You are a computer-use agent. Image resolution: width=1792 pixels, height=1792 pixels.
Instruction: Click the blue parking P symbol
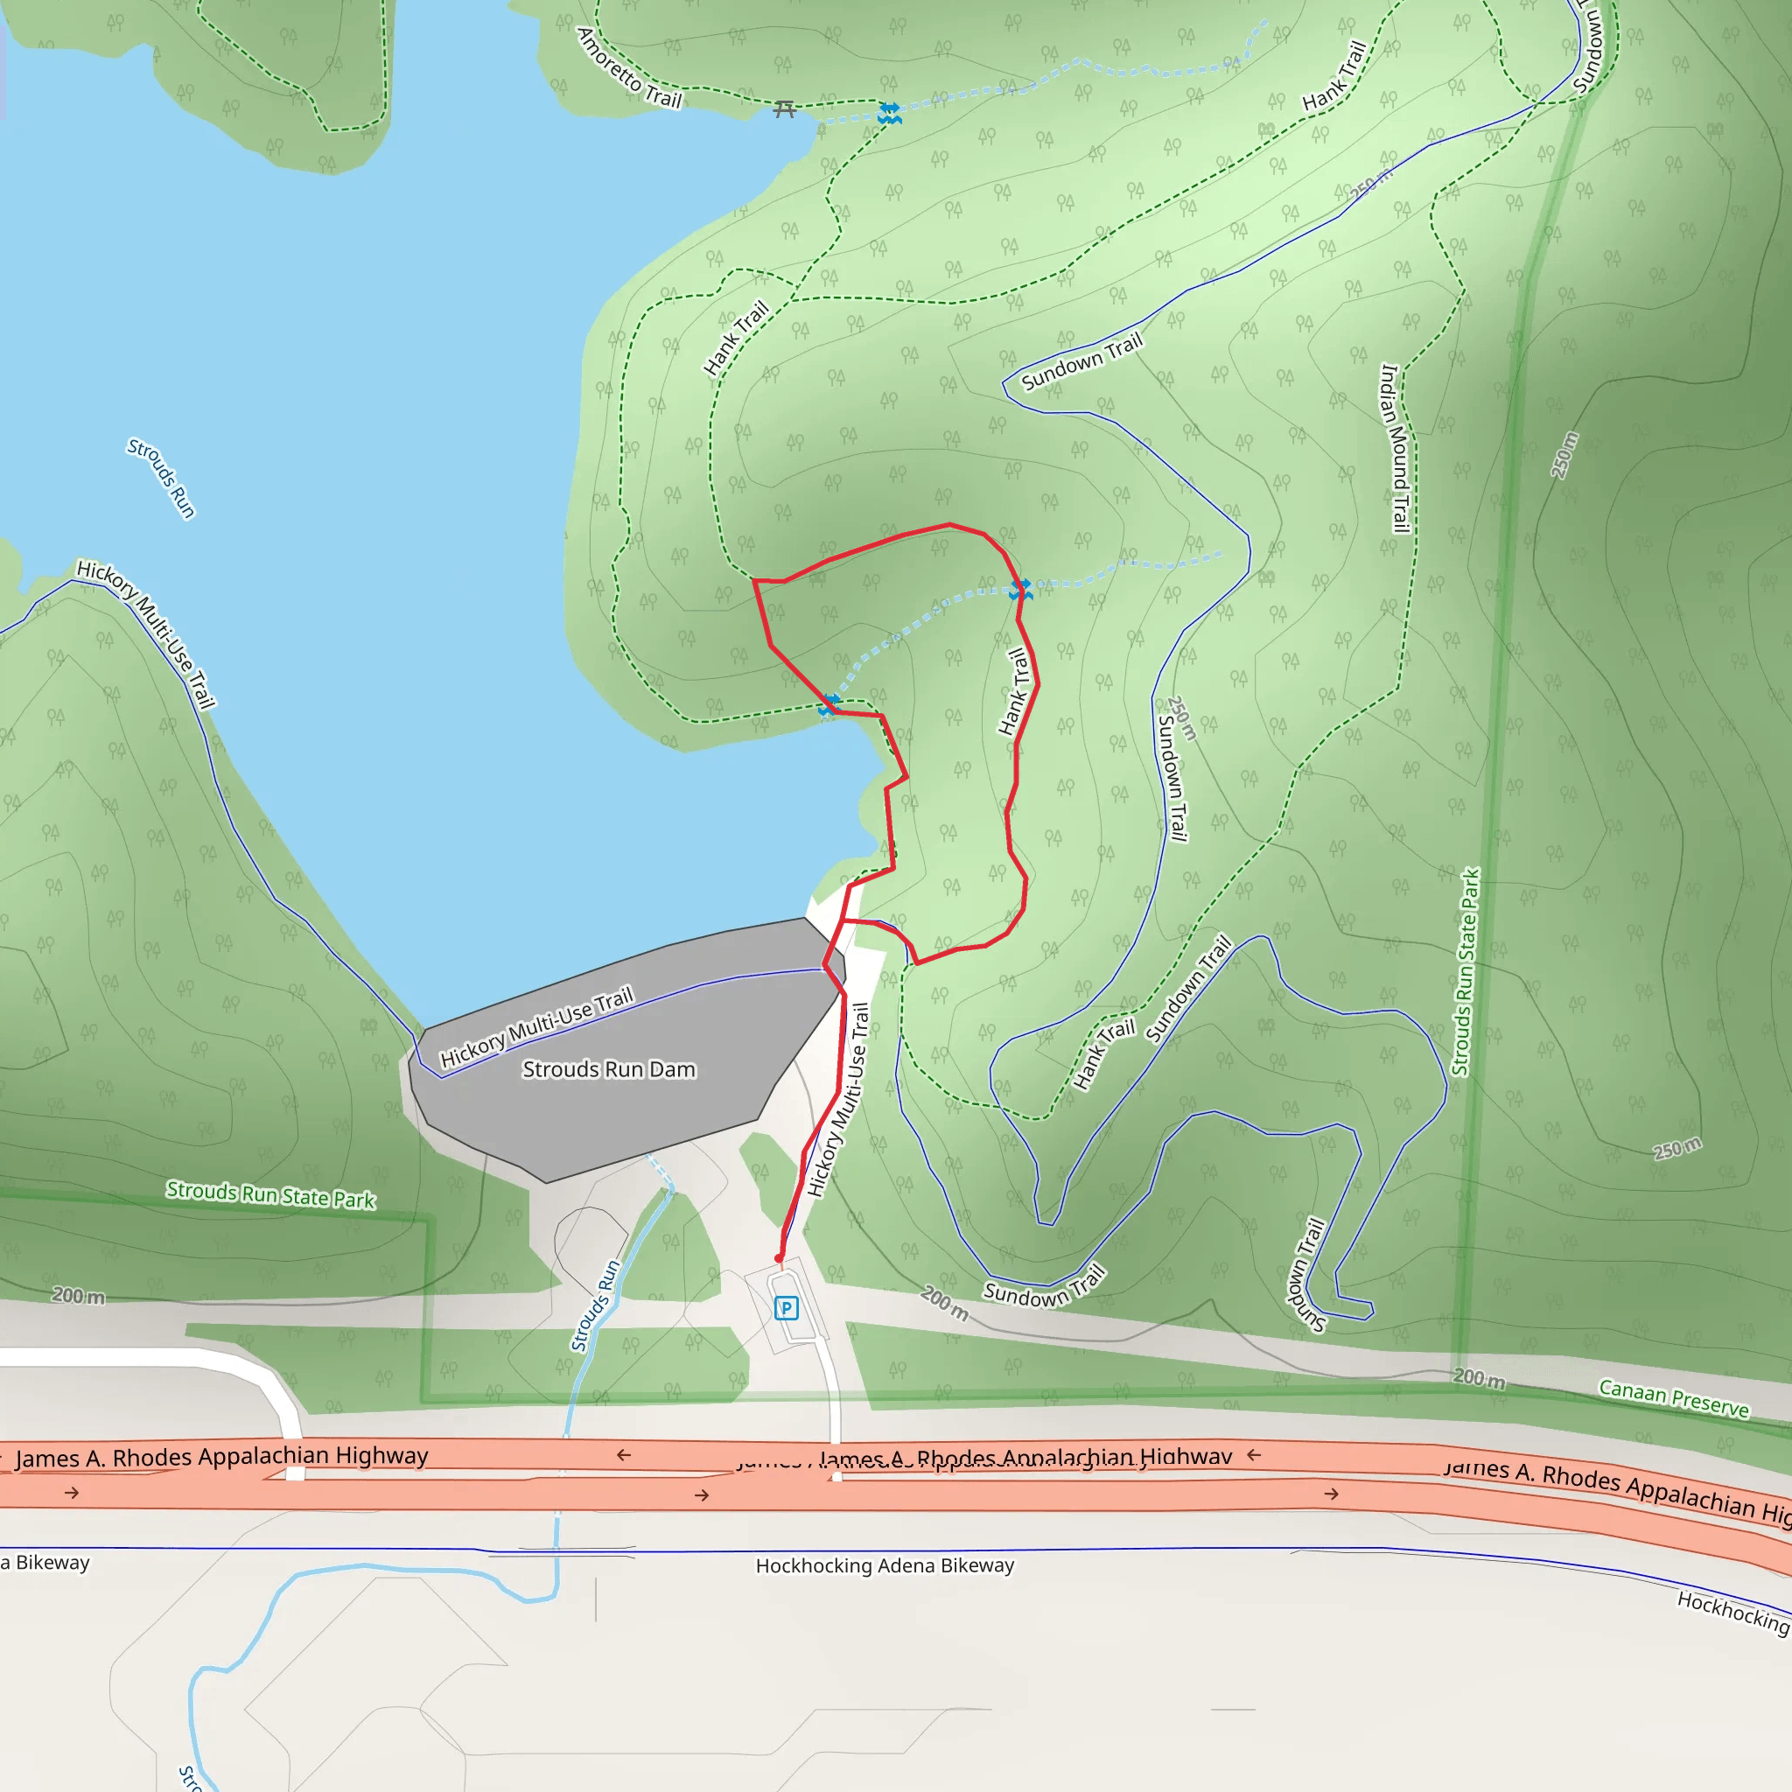point(787,1309)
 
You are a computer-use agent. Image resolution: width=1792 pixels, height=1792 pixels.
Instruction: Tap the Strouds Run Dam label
point(608,1069)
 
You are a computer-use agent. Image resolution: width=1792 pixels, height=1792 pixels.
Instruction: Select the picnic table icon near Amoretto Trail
point(785,109)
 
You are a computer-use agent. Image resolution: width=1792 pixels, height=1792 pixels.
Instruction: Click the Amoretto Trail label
point(629,68)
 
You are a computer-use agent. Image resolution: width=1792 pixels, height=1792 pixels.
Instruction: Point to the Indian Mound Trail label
point(1395,448)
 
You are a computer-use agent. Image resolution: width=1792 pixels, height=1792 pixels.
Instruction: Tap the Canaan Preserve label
point(1673,1397)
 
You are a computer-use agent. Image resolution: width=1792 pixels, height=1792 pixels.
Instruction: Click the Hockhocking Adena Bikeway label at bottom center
point(885,1565)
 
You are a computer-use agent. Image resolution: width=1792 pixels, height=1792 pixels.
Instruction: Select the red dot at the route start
point(778,1258)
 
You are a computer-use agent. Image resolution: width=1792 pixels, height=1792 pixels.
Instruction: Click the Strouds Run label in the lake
point(161,478)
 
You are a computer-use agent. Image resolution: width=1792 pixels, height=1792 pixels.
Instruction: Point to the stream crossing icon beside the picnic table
point(890,114)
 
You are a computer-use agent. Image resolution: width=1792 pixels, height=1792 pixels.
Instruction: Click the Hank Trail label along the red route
point(1014,692)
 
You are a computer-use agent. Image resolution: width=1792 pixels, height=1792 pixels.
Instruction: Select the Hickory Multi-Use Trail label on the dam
point(536,1025)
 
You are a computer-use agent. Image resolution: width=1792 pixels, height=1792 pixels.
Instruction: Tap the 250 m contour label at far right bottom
point(1677,1148)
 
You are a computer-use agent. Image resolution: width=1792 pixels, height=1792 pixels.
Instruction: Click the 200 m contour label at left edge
point(78,1296)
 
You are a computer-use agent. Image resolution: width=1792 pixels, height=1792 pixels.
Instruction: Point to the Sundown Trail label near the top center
point(1081,360)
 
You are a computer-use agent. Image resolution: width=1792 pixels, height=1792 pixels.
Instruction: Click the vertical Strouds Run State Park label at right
point(1466,971)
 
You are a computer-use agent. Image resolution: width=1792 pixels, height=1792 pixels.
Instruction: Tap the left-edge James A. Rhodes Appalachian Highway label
point(220,1457)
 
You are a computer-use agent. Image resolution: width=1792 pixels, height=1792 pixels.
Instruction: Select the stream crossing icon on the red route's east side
point(1020,589)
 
